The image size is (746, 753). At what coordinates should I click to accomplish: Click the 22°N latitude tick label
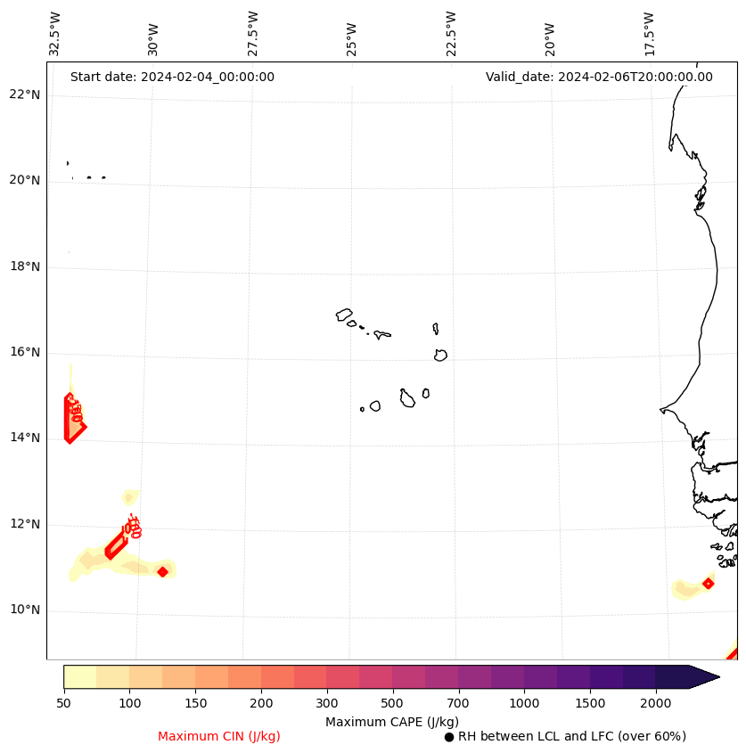(25, 95)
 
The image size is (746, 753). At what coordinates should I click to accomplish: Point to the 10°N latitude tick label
(25, 610)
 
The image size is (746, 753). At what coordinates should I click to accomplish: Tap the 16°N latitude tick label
(25, 353)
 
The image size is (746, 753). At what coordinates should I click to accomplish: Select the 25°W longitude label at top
(352, 34)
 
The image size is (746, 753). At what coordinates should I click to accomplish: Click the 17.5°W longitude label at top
(650, 34)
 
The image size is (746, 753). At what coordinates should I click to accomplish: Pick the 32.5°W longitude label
(55, 34)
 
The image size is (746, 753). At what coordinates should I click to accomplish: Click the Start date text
(172, 77)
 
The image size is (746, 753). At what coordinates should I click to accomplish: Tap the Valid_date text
(599, 77)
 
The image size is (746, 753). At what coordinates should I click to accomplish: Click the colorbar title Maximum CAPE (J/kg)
(391, 721)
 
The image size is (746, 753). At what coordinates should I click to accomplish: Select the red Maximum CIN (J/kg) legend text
(219, 736)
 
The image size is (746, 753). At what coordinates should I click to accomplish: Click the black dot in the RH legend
(449, 737)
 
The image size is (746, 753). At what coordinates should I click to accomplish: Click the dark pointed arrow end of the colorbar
(703, 676)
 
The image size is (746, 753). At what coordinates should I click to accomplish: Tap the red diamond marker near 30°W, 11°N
(162, 571)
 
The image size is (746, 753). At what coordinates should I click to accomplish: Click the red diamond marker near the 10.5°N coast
(708, 584)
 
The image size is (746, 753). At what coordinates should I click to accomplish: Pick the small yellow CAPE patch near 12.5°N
(130, 497)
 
